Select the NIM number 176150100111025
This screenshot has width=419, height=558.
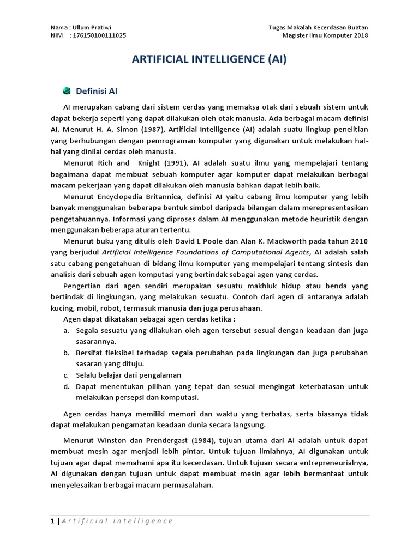tap(101, 36)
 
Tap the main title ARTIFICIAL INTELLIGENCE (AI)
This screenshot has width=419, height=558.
tap(209, 59)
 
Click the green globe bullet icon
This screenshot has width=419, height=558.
tap(67, 90)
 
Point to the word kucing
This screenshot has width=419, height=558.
tap(61, 308)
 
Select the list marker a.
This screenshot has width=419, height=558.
tap(65, 330)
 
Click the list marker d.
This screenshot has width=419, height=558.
tap(65, 386)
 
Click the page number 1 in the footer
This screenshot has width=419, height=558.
tap(52, 521)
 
